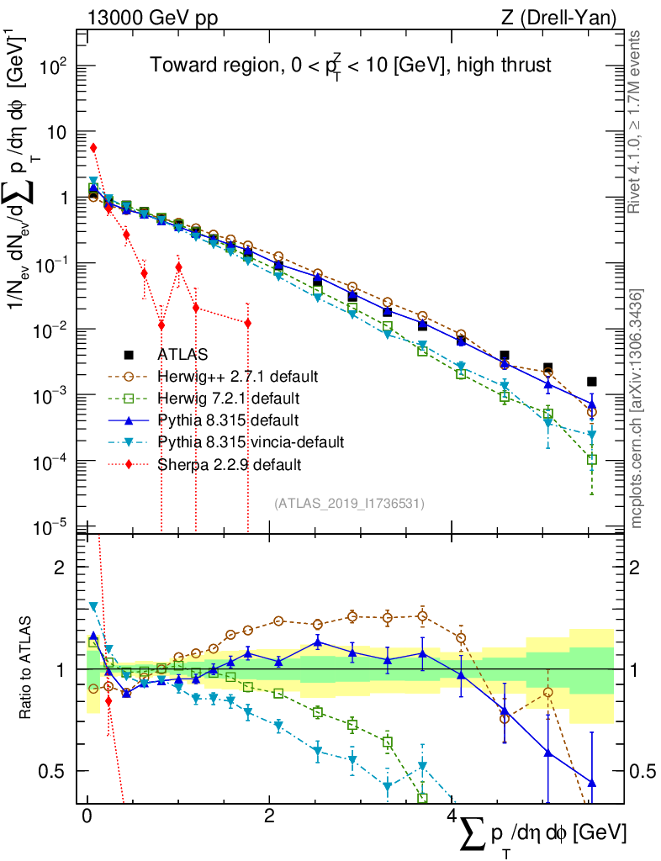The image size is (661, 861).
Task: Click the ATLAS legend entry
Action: point(182,354)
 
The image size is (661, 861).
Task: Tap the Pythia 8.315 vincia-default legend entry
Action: point(251,441)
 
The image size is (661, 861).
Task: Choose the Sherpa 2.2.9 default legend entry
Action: point(230,463)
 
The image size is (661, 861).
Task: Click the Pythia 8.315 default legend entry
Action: point(228,420)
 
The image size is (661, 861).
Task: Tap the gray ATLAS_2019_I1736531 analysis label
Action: point(349,504)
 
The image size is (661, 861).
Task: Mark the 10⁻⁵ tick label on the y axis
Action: point(55,527)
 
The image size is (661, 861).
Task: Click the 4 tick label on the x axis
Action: point(452,816)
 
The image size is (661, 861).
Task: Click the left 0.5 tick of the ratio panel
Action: point(58,771)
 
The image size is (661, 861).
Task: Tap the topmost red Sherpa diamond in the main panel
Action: point(93,148)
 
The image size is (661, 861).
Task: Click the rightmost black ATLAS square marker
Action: point(592,382)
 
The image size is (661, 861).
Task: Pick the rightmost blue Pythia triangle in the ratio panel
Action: point(592,783)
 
